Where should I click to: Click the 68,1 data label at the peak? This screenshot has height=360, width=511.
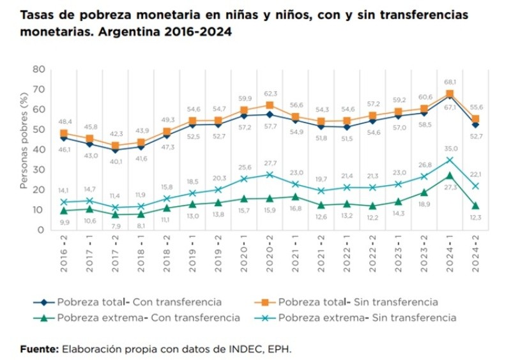coord(450,82)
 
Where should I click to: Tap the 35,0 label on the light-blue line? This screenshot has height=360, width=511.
coord(450,147)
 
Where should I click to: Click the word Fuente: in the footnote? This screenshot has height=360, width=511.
coord(39,349)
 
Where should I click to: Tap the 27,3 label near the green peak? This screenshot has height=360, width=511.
coord(450,187)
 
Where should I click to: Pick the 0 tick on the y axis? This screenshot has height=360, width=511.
coord(42,230)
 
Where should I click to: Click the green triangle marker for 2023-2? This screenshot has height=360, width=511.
coord(424,192)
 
